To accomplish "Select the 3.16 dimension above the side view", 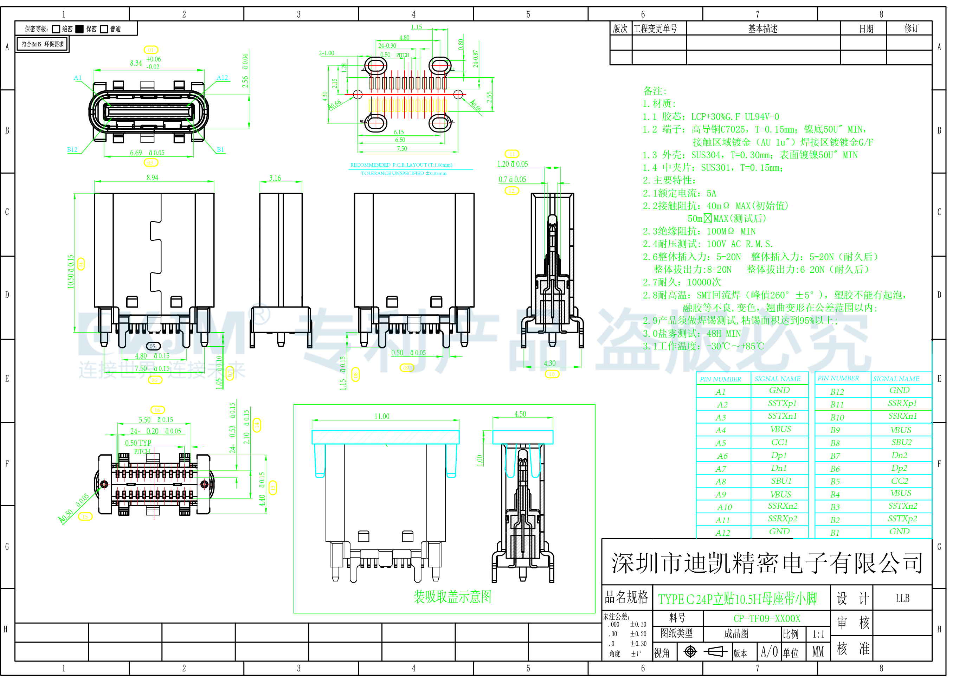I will [x=275, y=178].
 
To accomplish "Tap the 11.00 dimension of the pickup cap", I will [x=382, y=416].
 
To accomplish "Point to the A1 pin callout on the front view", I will [x=78, y=78].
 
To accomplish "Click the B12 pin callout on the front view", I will [x=72, y=149].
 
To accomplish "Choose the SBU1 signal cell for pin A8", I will [x=780, y=481].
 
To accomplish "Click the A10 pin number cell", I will [x=724, y=507].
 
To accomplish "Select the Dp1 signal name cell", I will [x=779, y=455].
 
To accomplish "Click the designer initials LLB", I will [x=902, y=598].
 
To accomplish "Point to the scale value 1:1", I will [x=818, y=634].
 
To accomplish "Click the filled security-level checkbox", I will [x=80, y=29].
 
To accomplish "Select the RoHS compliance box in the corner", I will [x=43, y=44].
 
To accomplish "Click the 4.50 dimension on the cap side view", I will [x=520, y=414].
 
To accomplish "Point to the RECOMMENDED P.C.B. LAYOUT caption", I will [x=401, y=165].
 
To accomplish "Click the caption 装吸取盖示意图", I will [x=452, y=597].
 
